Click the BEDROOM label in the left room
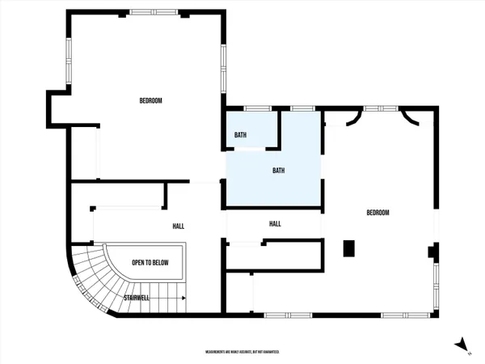click(x=150, y=100)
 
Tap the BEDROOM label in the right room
click(x=378, y=213)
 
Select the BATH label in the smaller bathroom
click(x=240, y=134)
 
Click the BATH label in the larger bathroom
click(x=278, y=171)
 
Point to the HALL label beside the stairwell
click(x=179, y=226)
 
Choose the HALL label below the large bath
click(x=274, y=224)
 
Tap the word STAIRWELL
click(x=136, y=298)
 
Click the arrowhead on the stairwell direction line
click(x=184, y=298)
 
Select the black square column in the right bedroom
click(x=349, y=249)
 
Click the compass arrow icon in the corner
click(x=462, y=345)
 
